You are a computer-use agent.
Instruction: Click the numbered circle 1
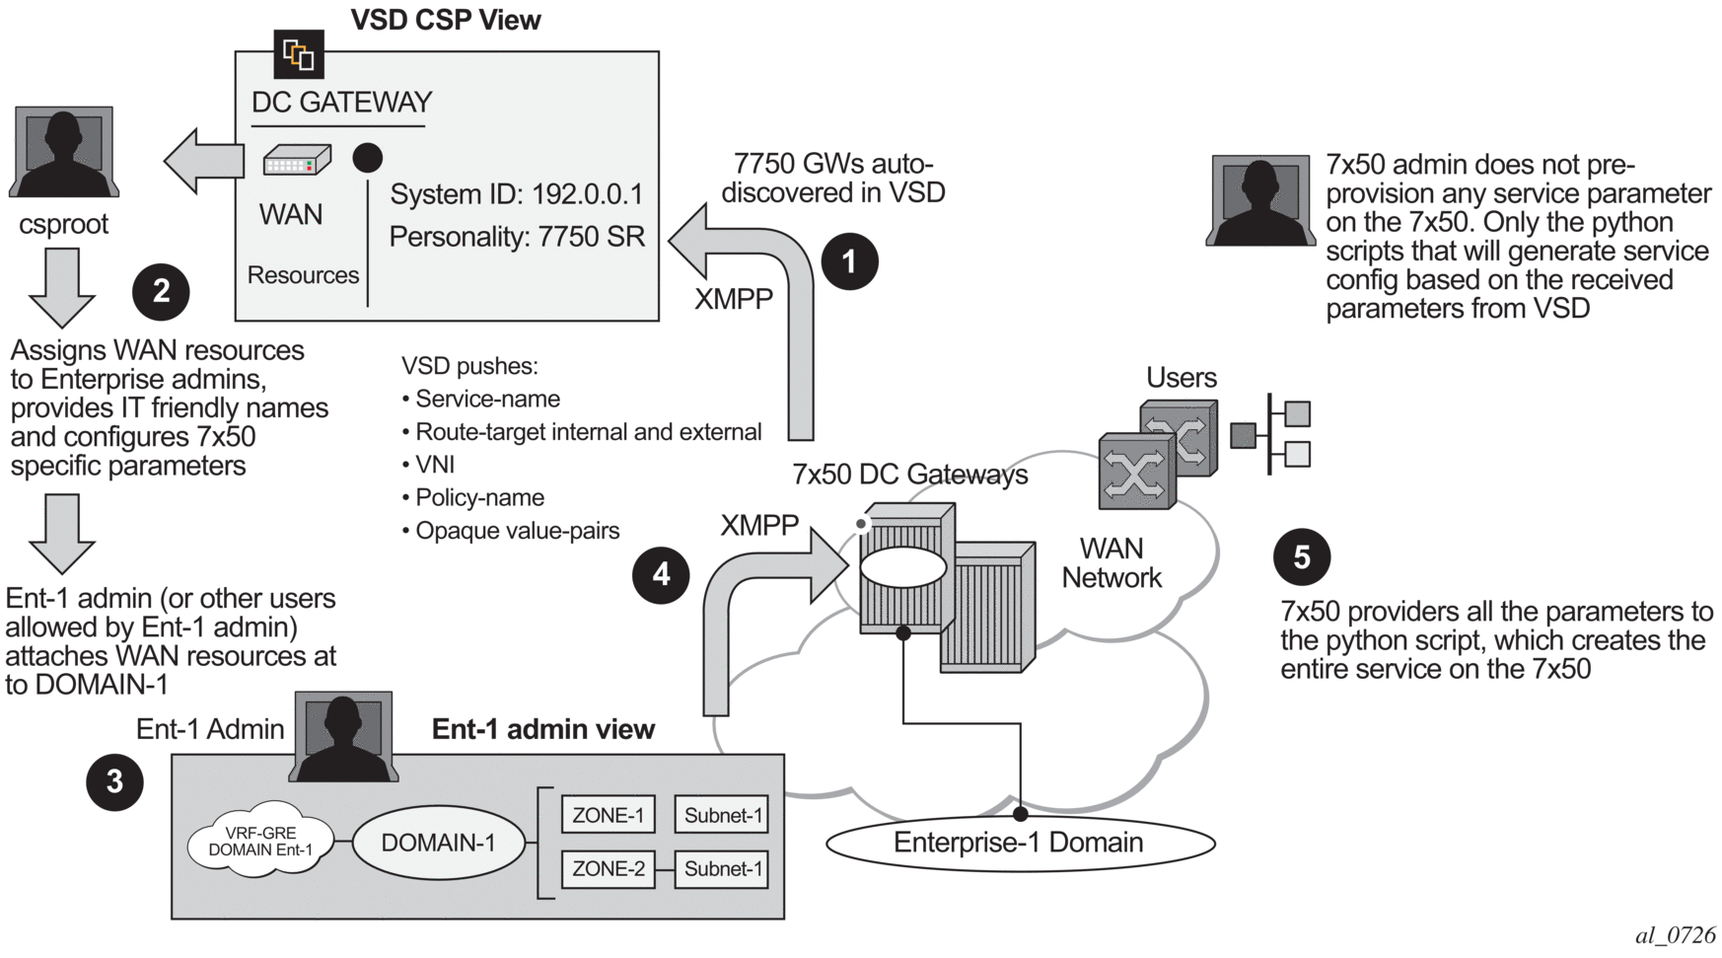coord(849,261)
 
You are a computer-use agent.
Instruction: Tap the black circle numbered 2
coord(161,291)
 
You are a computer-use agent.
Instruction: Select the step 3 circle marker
coord(114,781)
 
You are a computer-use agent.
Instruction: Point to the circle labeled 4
coord(661,574)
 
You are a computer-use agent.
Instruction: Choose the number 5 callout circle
coord(1302,557)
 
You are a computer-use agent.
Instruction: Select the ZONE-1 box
coord(608,815)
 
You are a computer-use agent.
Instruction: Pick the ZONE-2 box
coord(608,868)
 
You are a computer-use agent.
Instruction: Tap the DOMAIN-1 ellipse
coord(438,843)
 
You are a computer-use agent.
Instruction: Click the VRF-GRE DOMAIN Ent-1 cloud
coord(260,842)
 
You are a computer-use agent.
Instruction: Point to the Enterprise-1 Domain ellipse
coord(1019,843)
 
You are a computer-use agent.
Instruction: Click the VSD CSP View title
coord(446,20)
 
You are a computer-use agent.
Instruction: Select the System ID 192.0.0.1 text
coord(516,194)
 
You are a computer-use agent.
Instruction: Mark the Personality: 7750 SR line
coord(516,237)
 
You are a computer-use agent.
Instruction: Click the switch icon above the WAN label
coord(296,161)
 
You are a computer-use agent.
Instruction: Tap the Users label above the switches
coord(1181,378)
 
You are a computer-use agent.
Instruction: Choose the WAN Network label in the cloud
coord(1112,562)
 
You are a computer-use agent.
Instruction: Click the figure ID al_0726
coord(1675,935)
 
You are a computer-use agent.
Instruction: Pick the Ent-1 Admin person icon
coord(343,736)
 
